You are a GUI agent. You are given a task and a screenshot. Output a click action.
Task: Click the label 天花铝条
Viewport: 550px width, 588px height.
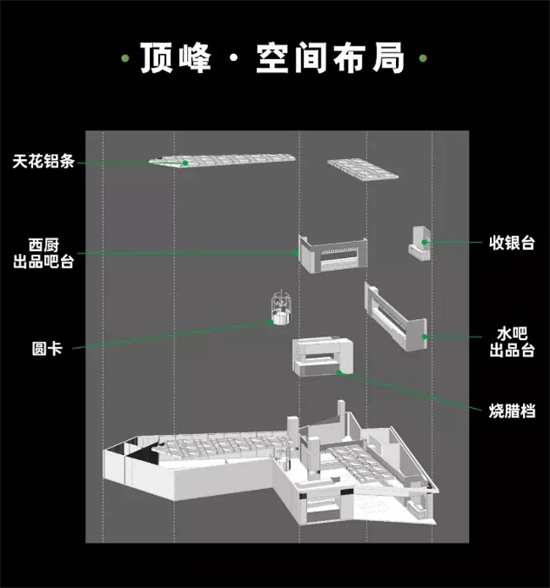42,161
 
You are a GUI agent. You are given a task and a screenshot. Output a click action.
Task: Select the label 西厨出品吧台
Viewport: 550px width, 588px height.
42,253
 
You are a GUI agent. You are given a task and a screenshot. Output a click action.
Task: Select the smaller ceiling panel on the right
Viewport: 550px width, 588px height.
362,168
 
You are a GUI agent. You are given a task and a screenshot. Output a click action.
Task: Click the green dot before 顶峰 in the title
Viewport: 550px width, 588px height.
124,59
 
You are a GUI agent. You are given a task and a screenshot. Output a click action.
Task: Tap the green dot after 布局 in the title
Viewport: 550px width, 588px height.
423,59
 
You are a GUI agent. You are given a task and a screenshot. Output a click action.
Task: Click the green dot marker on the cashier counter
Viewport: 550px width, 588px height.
426,243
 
